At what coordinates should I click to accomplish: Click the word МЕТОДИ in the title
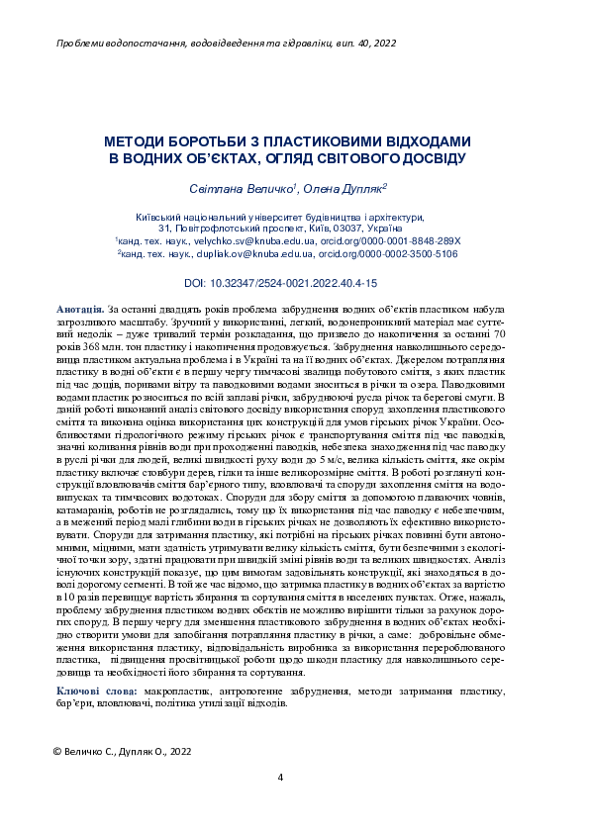click(x=139, y=141)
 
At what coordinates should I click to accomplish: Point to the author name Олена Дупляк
click(x=347, y=188)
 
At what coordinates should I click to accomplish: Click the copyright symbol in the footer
click(x=56, y=752)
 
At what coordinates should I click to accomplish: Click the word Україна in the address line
click(x=414, y=228)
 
